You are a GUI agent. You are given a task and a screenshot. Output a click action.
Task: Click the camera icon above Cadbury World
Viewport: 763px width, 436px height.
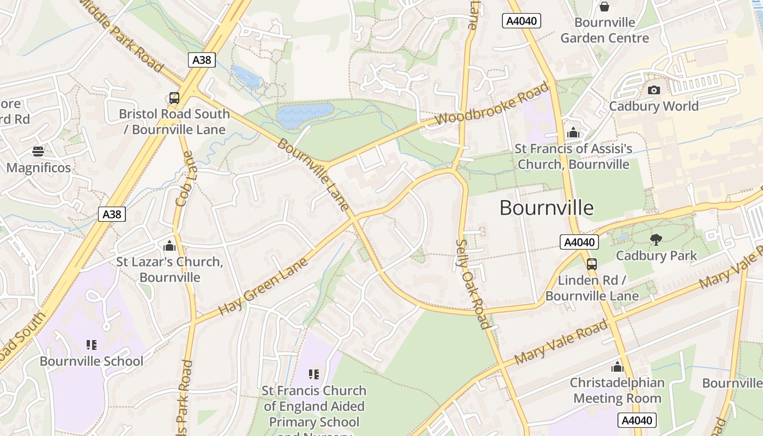pyautogui.click(x=653, y=90)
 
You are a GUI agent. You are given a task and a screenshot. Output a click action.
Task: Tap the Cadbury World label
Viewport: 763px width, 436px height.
pyautogui.click(x=653, y=106)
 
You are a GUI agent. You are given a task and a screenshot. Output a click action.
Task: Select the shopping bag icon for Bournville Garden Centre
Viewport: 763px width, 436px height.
pyautogui.click(x=604, y=7)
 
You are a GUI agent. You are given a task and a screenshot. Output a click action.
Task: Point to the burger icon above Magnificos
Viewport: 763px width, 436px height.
pyautogui.click(x=38, y=151)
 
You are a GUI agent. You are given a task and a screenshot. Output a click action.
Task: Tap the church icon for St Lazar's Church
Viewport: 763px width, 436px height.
pyautogui.click(x=169, y=246)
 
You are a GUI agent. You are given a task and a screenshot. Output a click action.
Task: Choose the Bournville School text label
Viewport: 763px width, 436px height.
pyautogui.click(x=92, y=361)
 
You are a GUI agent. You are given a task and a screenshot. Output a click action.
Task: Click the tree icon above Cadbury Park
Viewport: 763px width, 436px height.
pyautogui.click(x=656, y=239)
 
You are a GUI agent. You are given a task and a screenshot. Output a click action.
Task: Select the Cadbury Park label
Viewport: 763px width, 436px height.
pyautogui.click(x=656, y=255)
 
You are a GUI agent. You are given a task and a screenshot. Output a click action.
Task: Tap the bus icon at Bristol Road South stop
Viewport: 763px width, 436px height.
pyautogui.click(x=174, y=98)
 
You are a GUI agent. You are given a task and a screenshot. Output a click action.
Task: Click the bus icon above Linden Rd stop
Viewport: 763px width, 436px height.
pyautogui.click(x=591, y=264)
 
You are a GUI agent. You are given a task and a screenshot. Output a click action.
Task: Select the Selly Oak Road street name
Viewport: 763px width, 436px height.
pyautogui.click(x=472, y=284)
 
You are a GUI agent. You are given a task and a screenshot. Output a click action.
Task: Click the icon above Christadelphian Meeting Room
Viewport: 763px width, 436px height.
pyautogui.click(x=617, y=367)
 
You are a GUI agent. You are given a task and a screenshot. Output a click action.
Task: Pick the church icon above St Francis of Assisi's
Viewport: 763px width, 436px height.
pyautogui.click(x=573, y=132)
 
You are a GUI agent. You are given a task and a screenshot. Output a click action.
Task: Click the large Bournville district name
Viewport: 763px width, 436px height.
pyautogui.click(x=546, y=208)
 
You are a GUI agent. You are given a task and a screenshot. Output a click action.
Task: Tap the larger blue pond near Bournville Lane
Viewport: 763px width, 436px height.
pyautogui.click(x=304, y=115)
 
